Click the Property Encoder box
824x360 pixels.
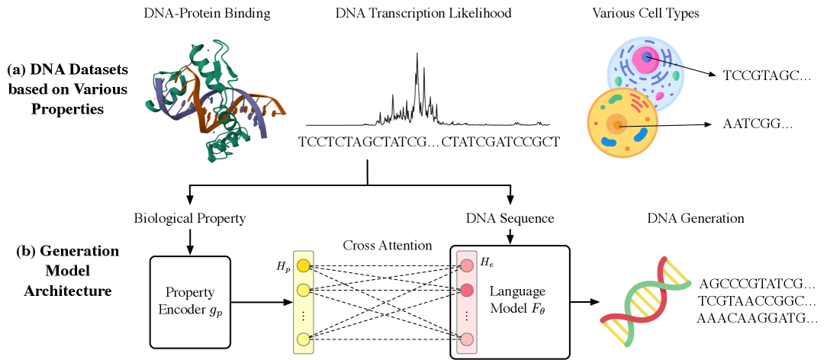(x=190, y=302)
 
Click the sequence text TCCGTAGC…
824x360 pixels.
(x=756, y=76)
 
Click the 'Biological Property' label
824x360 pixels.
(x=189, y=219)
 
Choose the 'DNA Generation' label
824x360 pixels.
(x=695, y=219)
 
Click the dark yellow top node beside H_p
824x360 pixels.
(x=303, y=266)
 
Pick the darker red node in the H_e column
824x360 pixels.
(x=466, y=290)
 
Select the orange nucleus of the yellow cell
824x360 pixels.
(x=615, y=124)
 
